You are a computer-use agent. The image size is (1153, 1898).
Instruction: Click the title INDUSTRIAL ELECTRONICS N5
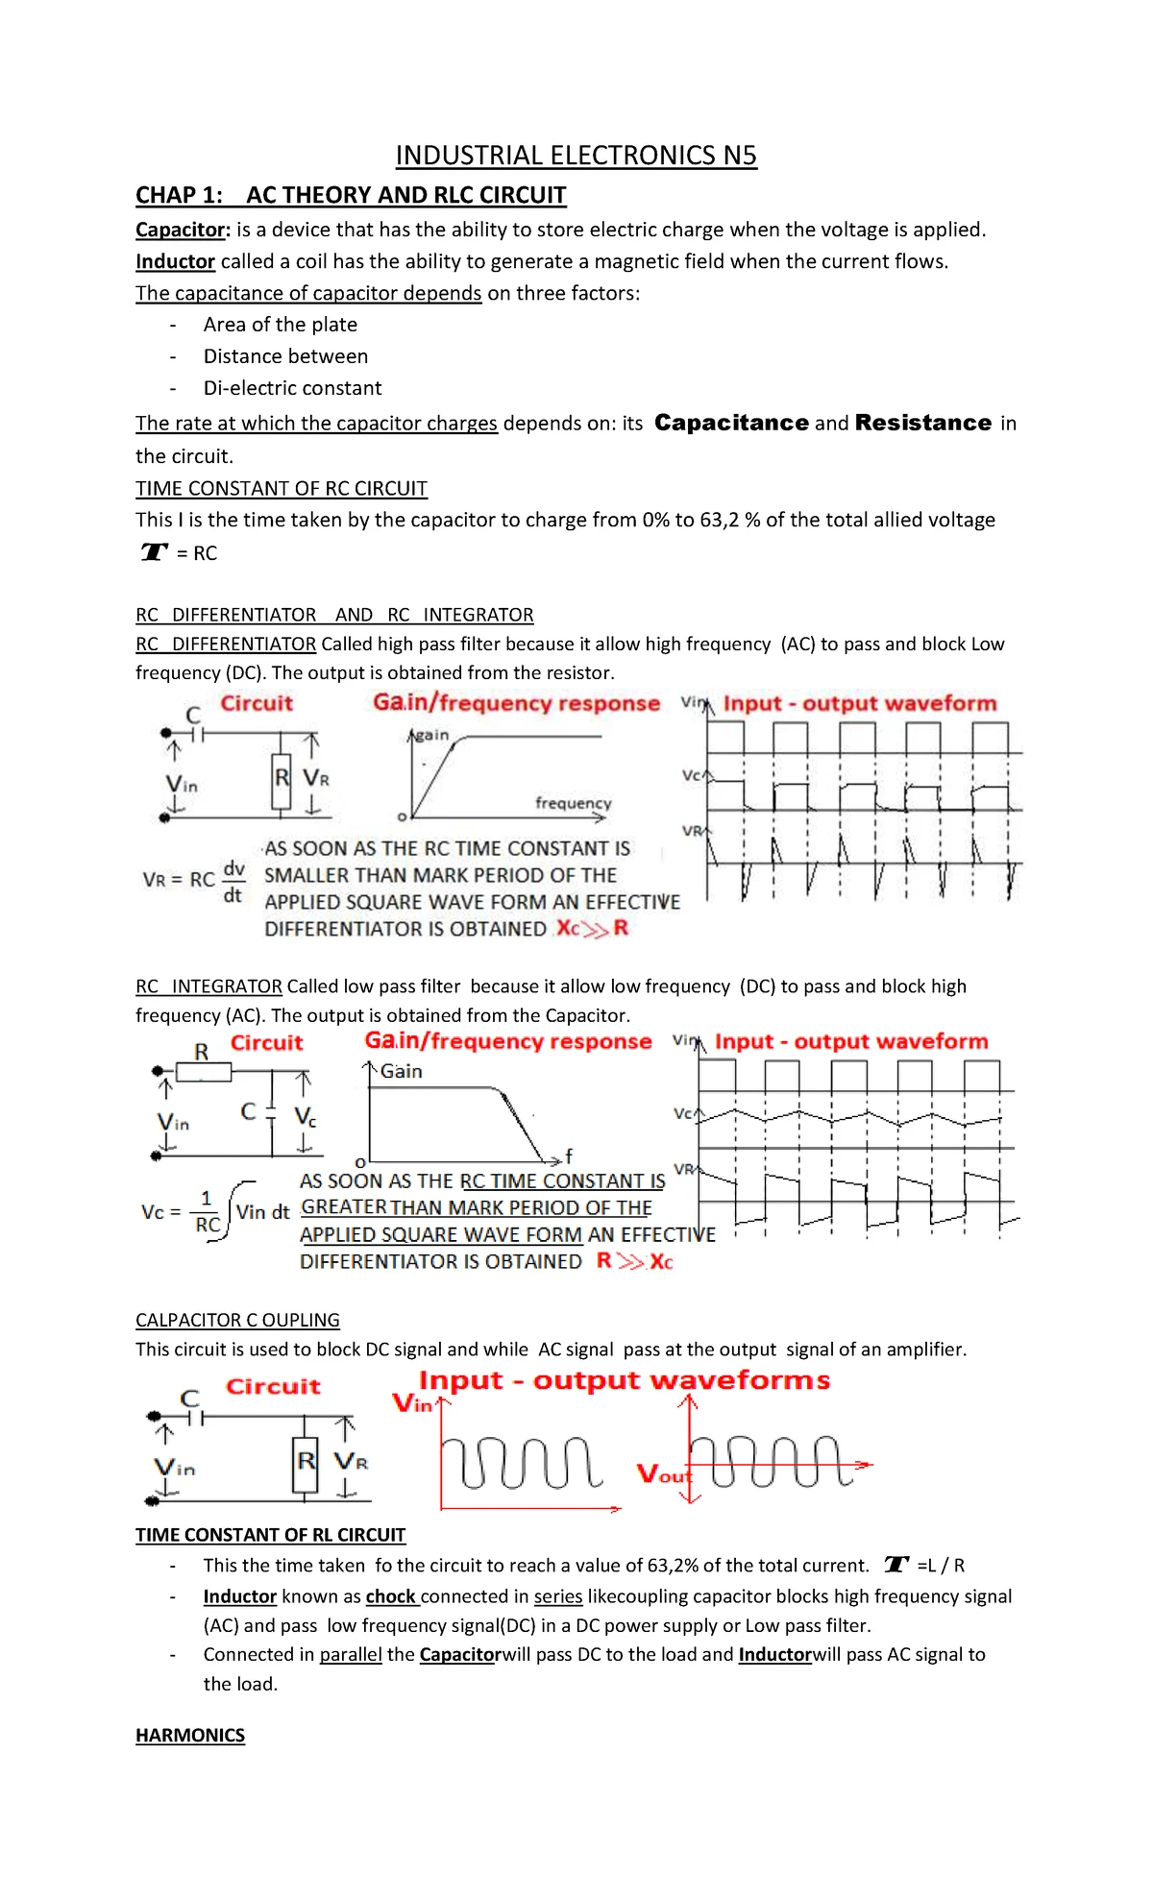click(576, 156)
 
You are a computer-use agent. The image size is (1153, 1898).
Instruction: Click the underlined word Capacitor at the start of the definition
click(180, 230)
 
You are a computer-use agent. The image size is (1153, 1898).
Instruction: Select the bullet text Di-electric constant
click(292, 388)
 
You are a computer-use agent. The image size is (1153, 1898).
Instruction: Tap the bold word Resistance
click(922, 423)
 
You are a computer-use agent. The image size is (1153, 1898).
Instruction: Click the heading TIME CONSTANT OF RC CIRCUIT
click(281, 488)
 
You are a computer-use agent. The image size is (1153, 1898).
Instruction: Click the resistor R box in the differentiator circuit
click(282, 777)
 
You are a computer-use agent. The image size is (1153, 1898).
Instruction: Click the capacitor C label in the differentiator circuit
click(193, 716)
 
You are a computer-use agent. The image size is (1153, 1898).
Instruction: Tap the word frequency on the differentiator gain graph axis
click(573, 802)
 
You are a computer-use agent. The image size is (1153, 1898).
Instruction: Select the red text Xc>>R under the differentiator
click(592, 928)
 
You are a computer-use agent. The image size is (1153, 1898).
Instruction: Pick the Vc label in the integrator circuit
click(306, 1116)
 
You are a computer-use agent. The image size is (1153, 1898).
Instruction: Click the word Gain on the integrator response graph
click(401, 1071)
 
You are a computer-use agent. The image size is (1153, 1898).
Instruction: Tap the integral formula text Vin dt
click(262, 1212)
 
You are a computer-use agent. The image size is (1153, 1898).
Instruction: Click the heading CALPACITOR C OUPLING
click(237, 1320)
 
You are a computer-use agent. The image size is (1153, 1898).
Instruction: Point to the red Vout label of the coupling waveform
click(663, 1473)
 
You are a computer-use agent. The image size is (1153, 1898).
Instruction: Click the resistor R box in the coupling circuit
click(306, 1462)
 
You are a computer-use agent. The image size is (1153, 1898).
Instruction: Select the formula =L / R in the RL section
click(941, 1565)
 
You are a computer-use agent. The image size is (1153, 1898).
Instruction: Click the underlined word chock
click(390, 1596)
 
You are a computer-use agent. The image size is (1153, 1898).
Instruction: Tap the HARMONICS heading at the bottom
click(190, 1735)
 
